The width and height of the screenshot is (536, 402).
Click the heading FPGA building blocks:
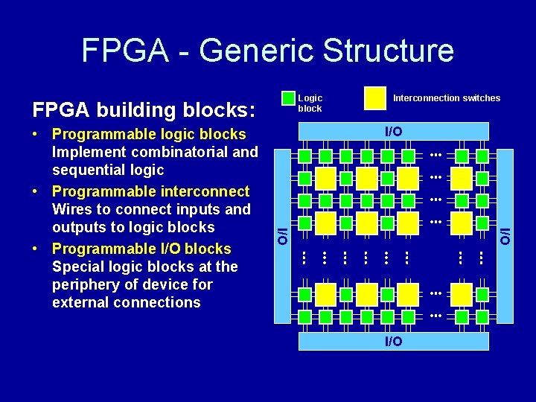144,110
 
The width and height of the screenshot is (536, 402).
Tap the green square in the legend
289,98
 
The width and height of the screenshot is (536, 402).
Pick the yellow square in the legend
374,98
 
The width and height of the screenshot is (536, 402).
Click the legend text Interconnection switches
447,98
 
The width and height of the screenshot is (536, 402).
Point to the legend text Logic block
310,103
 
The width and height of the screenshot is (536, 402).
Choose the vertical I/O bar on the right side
505,237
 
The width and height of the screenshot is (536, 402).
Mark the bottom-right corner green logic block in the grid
482,317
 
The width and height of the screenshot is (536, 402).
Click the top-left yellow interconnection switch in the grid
325,178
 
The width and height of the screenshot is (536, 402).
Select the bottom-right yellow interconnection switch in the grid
462,294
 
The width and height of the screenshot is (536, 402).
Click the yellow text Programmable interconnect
151,191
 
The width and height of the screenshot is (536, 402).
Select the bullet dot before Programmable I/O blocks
36,249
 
